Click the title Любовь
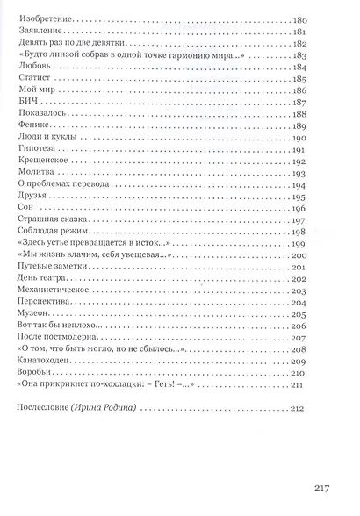32,65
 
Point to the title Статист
33,77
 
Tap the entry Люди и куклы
42,140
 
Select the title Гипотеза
36,151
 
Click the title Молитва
35,175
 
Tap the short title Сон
25,208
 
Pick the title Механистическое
54,290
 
